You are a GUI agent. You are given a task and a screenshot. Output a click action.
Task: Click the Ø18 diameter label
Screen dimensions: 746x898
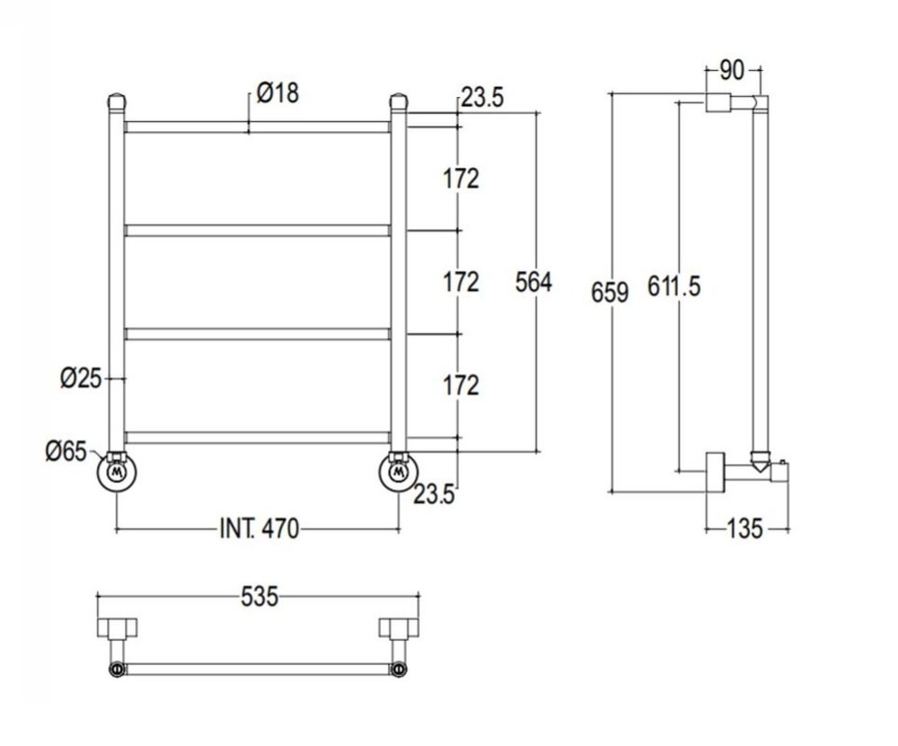point(277,92)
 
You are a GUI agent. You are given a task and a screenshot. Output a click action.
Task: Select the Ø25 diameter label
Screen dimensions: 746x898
point(82,378)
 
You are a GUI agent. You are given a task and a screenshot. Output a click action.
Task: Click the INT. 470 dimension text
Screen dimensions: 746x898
point(258,528)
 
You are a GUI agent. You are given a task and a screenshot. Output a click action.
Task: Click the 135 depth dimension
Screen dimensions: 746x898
point(744,528)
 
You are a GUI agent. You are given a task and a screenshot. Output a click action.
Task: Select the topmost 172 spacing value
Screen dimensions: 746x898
point(461,178)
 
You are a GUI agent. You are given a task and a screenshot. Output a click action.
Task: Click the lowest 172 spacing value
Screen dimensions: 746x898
point(461,385)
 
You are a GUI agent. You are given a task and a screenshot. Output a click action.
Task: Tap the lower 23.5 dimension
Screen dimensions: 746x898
point(435,493)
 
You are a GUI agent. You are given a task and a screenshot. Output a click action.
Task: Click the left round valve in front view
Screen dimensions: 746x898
point(116,473)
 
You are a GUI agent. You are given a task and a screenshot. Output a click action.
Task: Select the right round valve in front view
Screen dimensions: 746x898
point(398,473)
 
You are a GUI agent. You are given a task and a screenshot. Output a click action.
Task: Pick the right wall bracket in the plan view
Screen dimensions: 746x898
point(395,628)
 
